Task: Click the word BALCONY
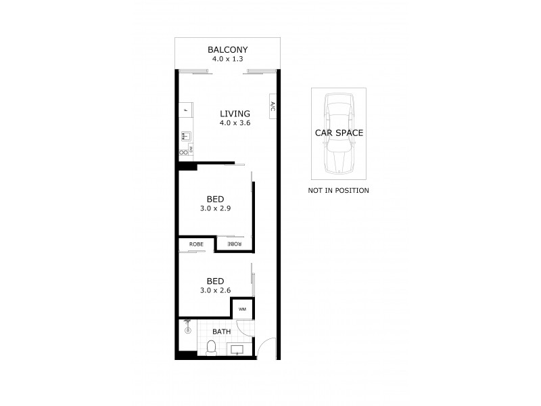[227, 49]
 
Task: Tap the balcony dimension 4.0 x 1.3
[227, 60]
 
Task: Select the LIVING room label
[235, 114]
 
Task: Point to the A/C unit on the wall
[272, 106]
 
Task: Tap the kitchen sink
[185, 136]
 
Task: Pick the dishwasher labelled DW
[191, 148]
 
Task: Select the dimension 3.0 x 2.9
[215, 209]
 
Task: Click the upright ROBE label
[196, 244]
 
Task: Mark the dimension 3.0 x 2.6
[215, 290]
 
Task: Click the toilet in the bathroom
[210, 347]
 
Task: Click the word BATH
[222, 332]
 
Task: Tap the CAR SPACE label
[339, 133]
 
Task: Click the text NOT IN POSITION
[338, 191]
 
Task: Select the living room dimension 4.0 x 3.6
[235, 123]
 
